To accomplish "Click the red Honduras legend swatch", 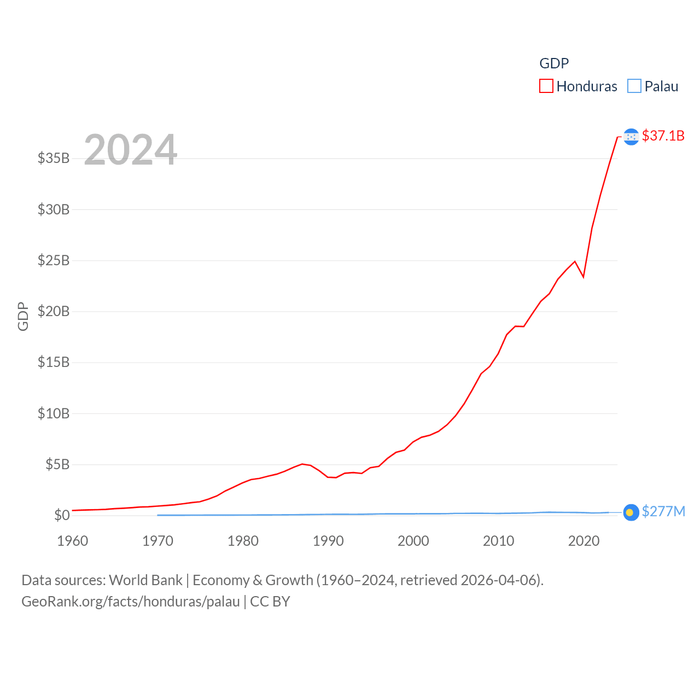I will (x=546, y=86).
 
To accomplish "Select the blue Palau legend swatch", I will (x=634, y=86).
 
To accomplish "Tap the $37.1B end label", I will (x=663, y=136).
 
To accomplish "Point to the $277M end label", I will (x=663, y=511).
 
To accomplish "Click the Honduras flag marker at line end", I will (x=631, y=137).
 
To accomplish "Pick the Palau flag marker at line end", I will (x=631, y=512).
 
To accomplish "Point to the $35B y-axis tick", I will (x=54, y=158).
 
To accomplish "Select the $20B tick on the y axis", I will (x=54, y=311).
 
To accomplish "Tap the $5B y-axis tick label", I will (x=57, y=464).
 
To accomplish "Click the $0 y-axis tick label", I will (x=62, y=515).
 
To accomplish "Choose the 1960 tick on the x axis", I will (x=73, y=541).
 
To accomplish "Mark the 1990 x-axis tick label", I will (x=328, y=541).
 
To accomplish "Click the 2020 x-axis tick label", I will (x=584, y=541).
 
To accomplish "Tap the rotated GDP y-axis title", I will (x=23, y=316).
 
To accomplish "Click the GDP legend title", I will (x=554, y=63).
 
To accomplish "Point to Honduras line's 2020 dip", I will (x=584, y=277).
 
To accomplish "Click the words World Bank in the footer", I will (x=145, y=580).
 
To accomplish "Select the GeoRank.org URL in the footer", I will (x=131, y=602).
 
